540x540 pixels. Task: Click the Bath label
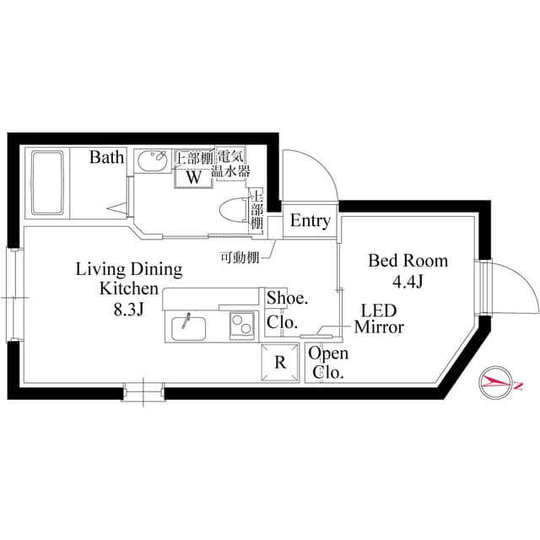tap(107, 157)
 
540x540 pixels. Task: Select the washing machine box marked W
tap(192, 177)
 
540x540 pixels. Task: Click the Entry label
tap(310, 221)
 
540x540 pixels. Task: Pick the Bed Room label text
tap(408, 261)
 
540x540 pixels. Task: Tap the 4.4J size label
tap(408, 282)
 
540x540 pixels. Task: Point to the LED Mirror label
tap(379, 318)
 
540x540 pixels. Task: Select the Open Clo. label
tap(327, 363)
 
